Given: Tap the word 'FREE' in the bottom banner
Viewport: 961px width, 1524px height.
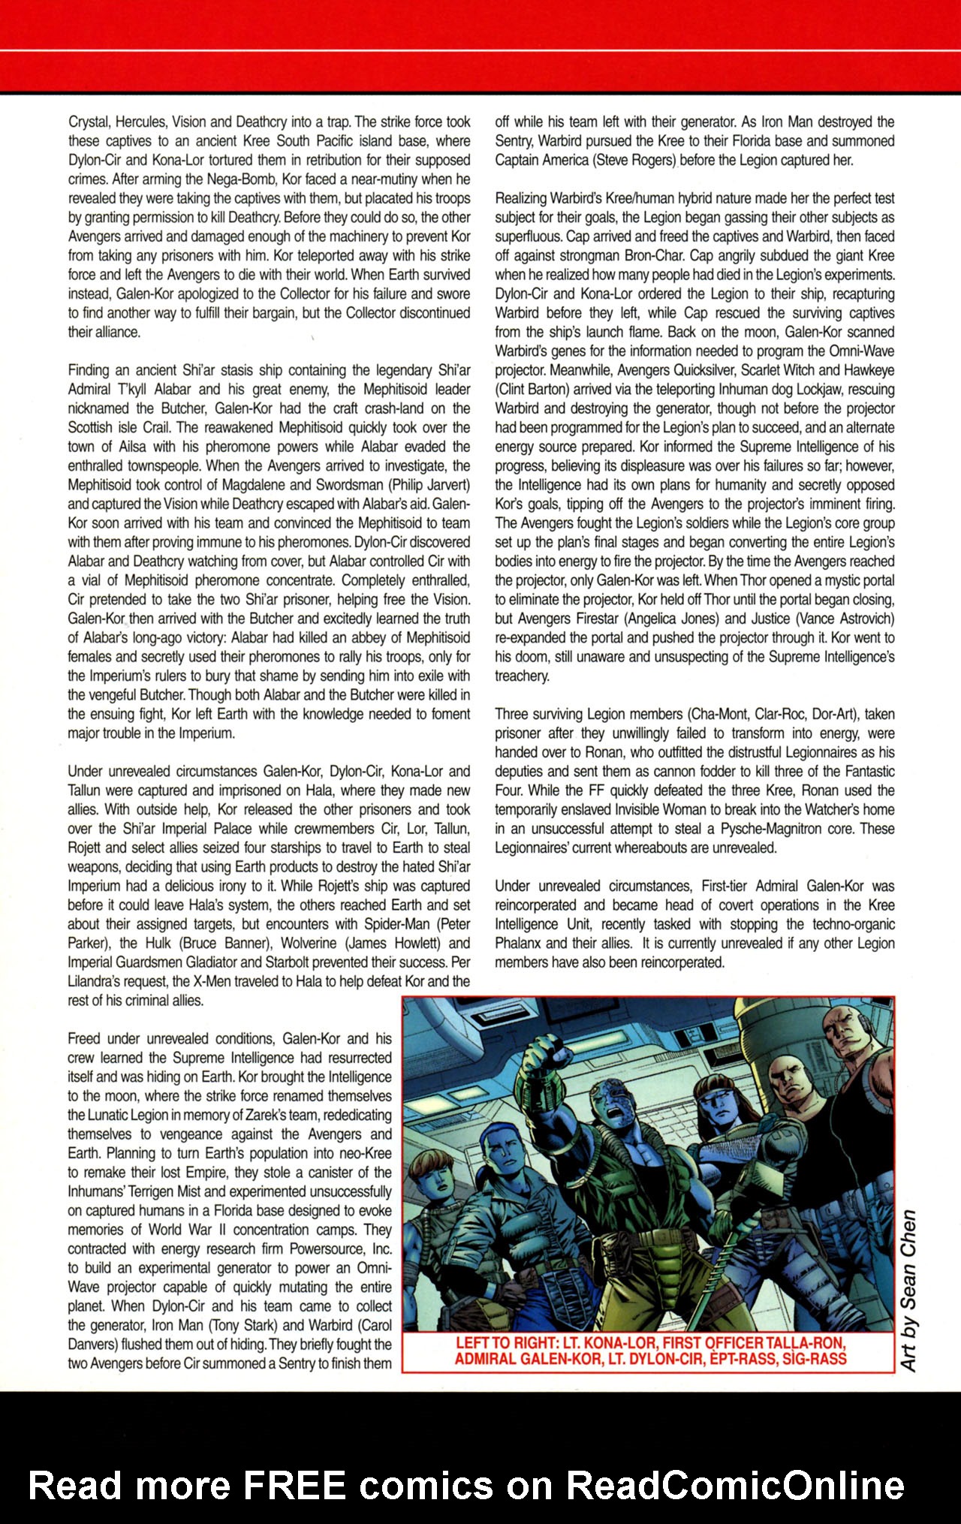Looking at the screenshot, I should point(294,1485).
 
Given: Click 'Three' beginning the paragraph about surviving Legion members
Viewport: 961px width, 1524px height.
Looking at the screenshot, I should point(511,714).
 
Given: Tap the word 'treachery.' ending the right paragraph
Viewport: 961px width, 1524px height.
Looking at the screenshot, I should point(521,676).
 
